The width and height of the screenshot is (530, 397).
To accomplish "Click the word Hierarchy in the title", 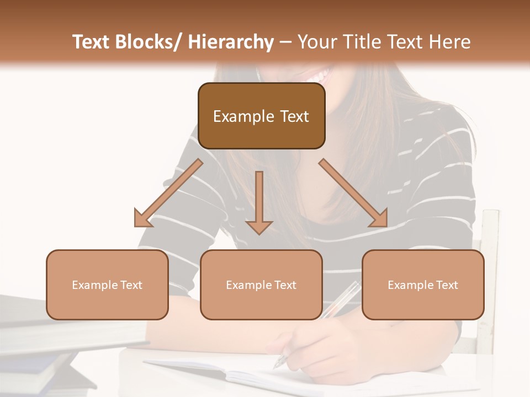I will point(230,42).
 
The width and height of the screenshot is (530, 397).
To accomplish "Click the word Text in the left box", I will point(132,285).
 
